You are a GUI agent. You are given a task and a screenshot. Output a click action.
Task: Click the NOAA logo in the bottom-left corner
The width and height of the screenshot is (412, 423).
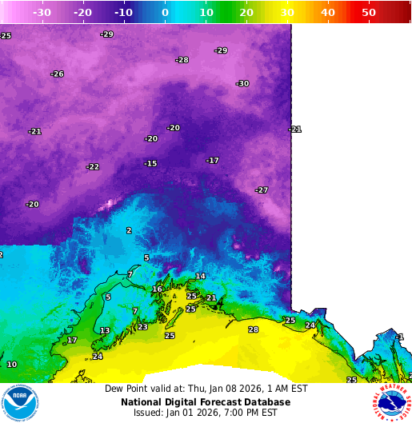tap(20, 402)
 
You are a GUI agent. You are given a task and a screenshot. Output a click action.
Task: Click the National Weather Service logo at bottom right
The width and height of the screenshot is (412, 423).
tap(390, 402)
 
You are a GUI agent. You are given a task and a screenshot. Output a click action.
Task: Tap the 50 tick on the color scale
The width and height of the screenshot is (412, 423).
tap(369, 12)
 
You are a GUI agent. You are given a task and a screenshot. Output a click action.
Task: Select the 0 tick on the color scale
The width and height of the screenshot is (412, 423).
tap(165, 12)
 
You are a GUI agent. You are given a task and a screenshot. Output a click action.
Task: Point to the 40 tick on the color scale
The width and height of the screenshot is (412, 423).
tap(328, 12)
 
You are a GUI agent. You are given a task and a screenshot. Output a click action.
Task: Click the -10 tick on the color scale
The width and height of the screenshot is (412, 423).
tap(123, 12)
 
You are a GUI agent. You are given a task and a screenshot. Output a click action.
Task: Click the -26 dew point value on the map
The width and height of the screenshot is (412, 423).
tap(57, 74)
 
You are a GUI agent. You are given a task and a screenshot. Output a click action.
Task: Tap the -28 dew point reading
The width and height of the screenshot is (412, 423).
tap(182, 60)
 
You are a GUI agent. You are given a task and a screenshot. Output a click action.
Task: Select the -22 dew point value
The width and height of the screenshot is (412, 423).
tap(93, 167)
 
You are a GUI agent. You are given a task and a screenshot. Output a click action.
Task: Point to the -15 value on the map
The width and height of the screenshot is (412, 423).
tap(150, 164)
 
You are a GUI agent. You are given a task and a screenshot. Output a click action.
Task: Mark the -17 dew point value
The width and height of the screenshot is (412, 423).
tap(212, 161)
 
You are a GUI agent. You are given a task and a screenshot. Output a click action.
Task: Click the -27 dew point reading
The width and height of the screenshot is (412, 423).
tap(262, 190)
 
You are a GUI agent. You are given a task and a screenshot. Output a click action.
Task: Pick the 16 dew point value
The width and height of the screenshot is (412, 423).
tap(158, 289)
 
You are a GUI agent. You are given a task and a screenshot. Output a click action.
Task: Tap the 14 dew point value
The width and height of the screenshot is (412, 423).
tap(200, 277)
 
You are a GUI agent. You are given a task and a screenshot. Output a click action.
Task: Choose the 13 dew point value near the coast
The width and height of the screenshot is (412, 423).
tap(105, 331)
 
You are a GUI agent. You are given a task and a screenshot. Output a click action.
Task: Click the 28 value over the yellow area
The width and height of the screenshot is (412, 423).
tap(254, 329)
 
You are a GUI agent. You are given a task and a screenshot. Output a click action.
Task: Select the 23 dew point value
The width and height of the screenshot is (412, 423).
tap(142, 327)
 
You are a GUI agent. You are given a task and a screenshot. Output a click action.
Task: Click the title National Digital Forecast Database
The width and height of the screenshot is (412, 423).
tap(206, 401)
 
